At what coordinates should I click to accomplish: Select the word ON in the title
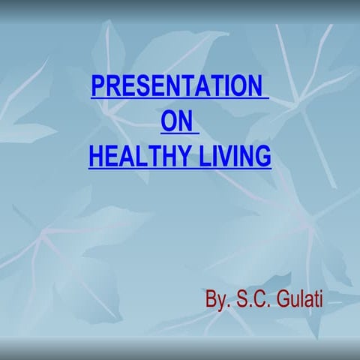point(178,121)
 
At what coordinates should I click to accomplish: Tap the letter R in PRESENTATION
point(112,86)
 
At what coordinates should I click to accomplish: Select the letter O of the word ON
point(170,121)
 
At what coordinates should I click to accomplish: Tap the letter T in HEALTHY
point(148,156)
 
